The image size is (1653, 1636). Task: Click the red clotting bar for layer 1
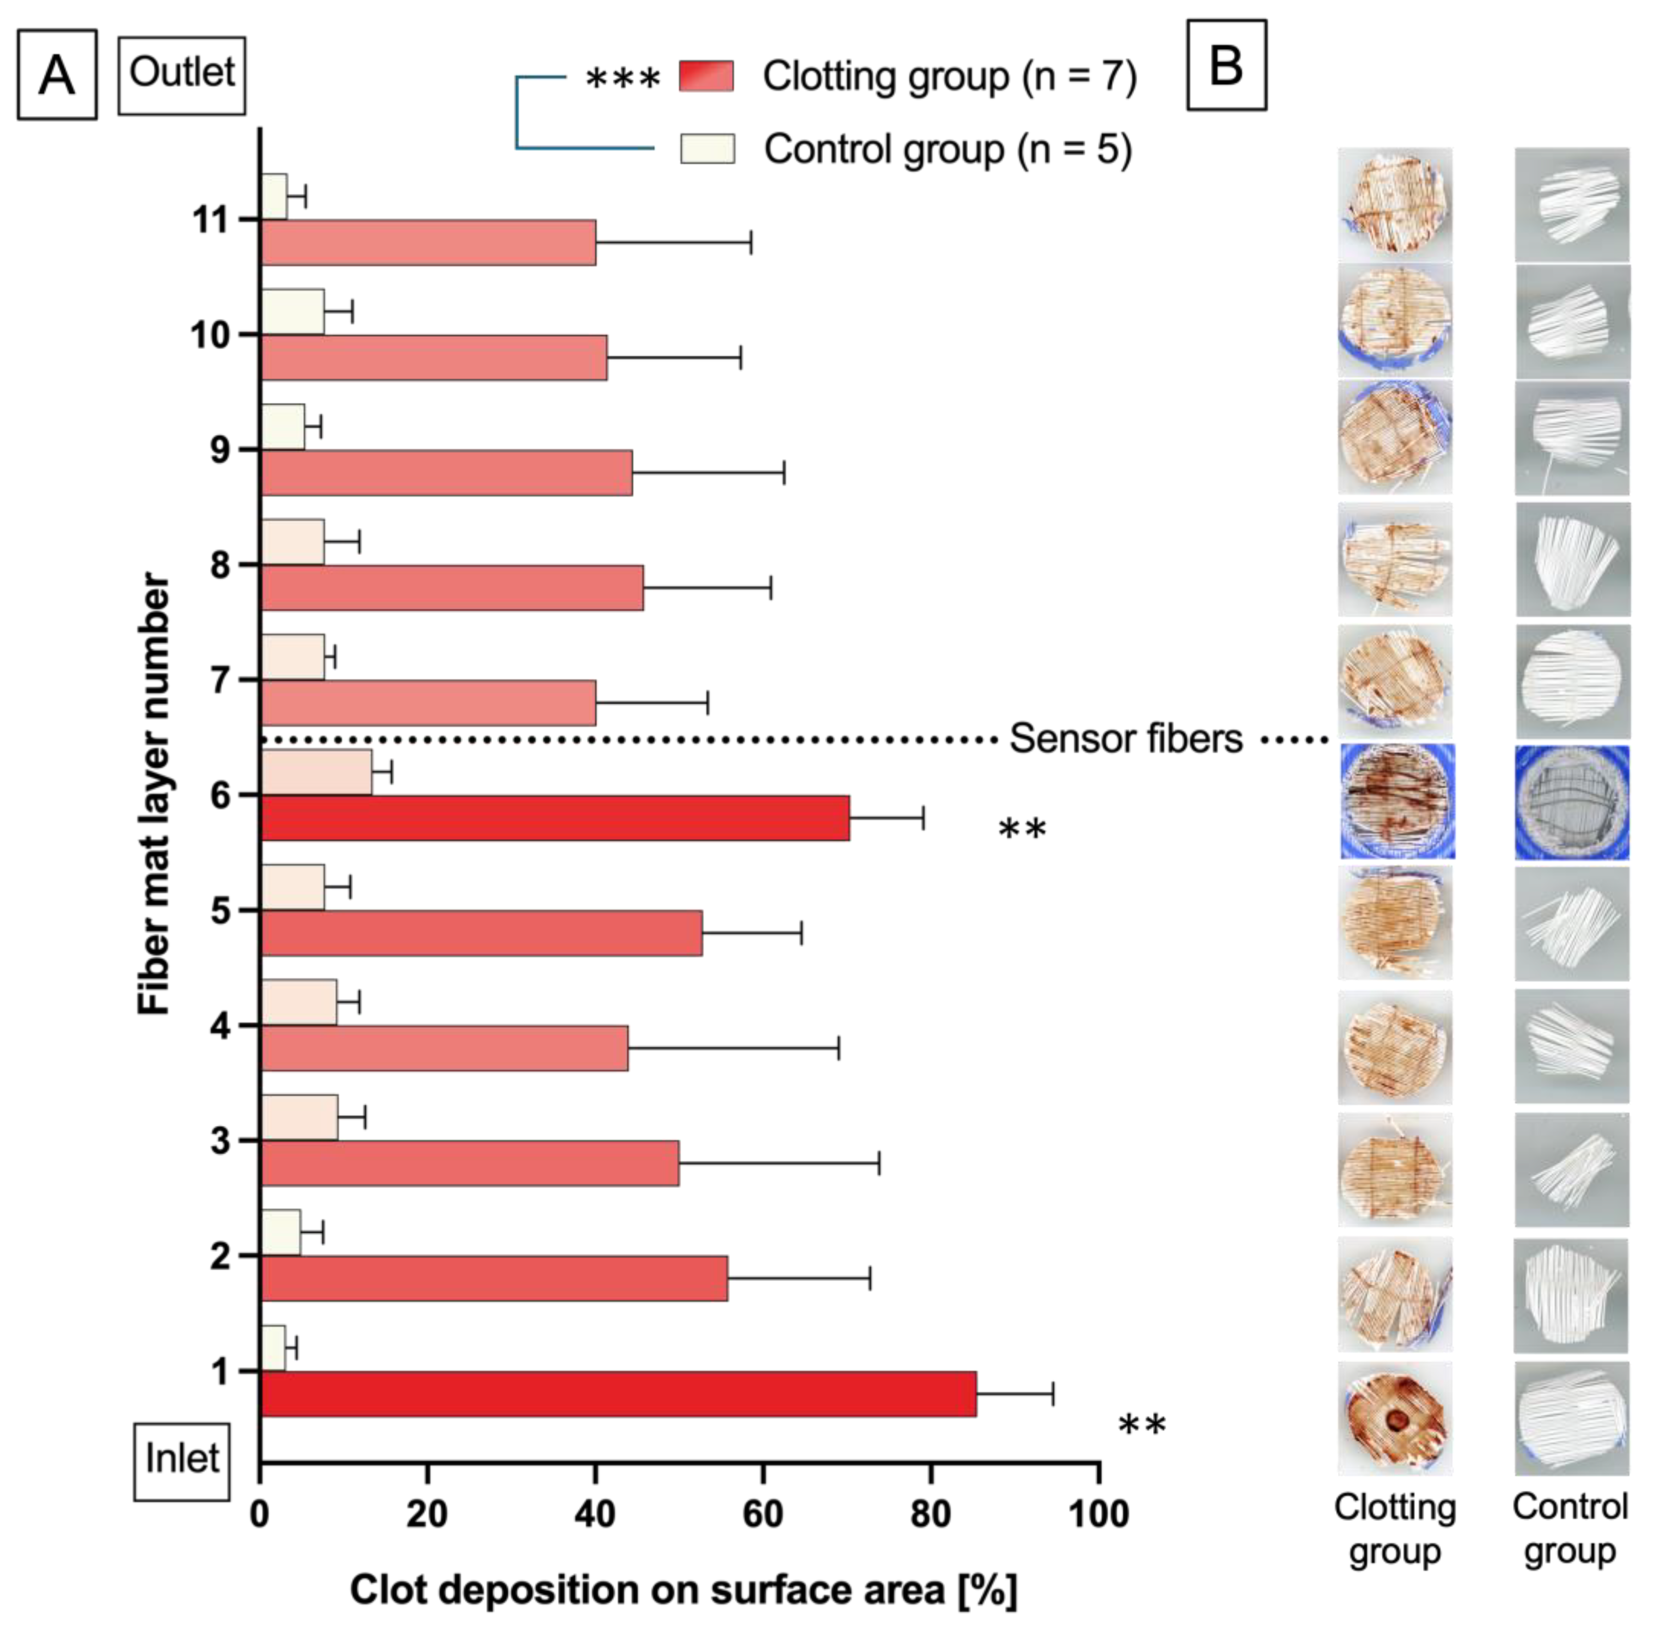pyautogui.click(x=618, y=1394)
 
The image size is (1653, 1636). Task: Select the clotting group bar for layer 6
pyautogui.click(x=554, y=818)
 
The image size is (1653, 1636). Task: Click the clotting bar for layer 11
pyautogui.click(x=428, y=242)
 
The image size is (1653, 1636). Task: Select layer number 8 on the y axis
pyautogui.click(x=220, y=565)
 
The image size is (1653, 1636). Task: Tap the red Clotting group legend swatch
pyautogui.click(x=706, y=76)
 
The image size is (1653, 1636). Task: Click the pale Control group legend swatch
pyautogui.click(x=707, y=149)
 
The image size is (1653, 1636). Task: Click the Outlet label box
pyautogui.click(x=181, y=75)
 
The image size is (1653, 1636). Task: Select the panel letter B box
pyautogui.click(x=1226, y=66)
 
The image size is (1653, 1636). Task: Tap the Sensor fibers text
pyautogui.click(x=1125, y=738)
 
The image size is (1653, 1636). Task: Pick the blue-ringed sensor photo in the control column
pyautogui.click(x=1572, y=802)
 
